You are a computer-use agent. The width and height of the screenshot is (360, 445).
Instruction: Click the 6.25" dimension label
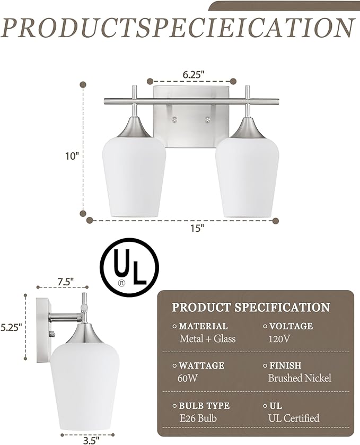point(191,75)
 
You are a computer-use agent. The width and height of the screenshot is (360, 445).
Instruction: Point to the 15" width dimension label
point(197,228)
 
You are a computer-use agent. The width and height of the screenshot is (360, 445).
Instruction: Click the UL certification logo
point(129,268)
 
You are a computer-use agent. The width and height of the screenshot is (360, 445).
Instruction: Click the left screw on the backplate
point(175,120)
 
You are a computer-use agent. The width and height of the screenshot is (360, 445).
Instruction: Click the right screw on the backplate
point(208,120)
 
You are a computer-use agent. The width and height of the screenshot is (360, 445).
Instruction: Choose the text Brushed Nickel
point(300,378)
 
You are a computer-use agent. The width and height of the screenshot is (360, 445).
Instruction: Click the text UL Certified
point(294,418)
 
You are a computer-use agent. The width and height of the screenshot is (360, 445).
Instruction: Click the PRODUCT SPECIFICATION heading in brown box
point(251,307)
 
